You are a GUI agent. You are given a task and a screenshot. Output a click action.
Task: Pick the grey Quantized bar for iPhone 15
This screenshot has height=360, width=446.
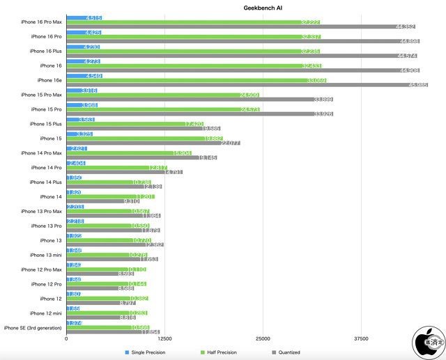(153, 143)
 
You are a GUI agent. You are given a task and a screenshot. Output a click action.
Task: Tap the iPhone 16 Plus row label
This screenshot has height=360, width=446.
(46, 51)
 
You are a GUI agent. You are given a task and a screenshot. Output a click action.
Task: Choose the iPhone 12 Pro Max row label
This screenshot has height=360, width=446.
(42, 269)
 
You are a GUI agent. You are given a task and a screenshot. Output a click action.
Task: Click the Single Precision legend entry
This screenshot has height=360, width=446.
(145, 352)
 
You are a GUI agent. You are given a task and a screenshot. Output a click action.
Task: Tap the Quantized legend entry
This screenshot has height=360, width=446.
(286, 352)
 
